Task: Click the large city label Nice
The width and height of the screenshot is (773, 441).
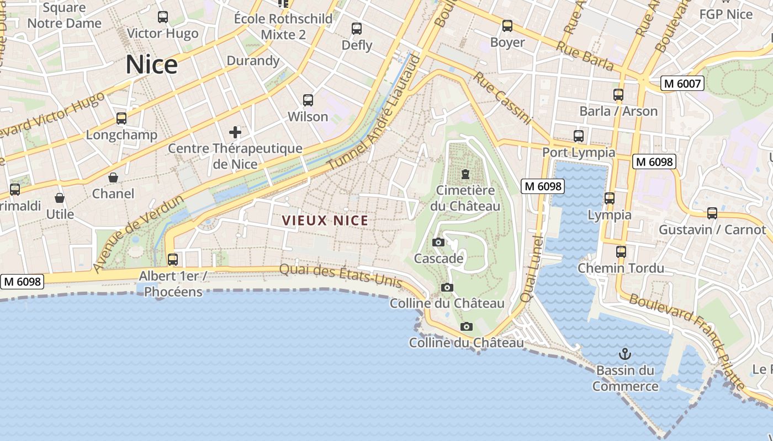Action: [x=151, y=64]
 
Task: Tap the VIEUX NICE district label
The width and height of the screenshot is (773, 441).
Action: [x=325, y=221]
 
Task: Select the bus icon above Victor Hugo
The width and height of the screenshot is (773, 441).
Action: [x=163, y=17]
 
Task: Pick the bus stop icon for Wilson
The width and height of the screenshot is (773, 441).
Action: [x=308, y=100]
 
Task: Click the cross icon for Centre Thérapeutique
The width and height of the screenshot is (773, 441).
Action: [x=235, y=132]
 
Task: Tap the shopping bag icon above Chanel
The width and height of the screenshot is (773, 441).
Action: [x=113, y=178]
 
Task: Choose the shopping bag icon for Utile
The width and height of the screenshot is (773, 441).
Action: [x=60, y=198]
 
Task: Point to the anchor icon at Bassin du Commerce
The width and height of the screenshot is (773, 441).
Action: [x=625, y=354]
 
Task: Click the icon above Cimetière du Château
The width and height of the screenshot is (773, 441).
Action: [x=465, y=175]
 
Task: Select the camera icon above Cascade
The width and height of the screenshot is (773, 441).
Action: [x=438, y=242]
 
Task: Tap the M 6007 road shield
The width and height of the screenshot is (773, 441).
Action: [x=682, y=84]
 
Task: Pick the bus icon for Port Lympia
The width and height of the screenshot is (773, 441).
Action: [x=579, y=136]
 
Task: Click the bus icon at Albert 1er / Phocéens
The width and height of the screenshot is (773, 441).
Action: [x=173, y=259]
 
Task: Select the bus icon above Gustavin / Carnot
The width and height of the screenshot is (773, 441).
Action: [x=712, y=213]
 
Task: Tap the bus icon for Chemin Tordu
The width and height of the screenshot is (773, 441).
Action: [x=621, y=252]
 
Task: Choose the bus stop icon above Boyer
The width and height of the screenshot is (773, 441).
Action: [x=507, y=26]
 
